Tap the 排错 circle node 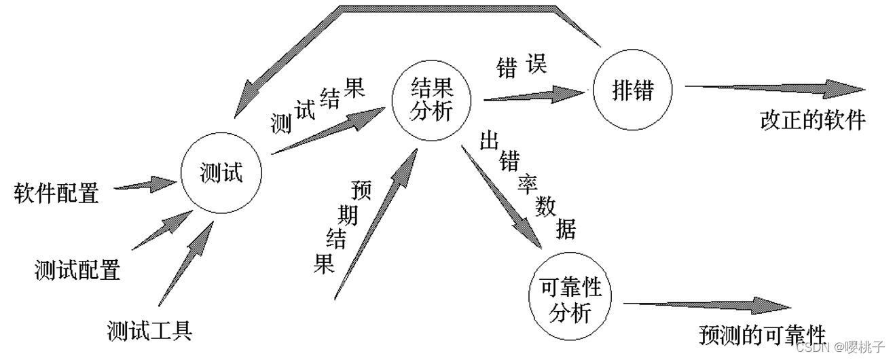coord(633,90)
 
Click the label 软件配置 coord(56,194)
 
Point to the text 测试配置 coord(77,270)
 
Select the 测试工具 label coord(150,331)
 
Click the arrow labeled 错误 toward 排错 coord(534,94)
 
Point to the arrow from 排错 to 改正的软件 coord(775,88)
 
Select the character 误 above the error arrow coord(534,65)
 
